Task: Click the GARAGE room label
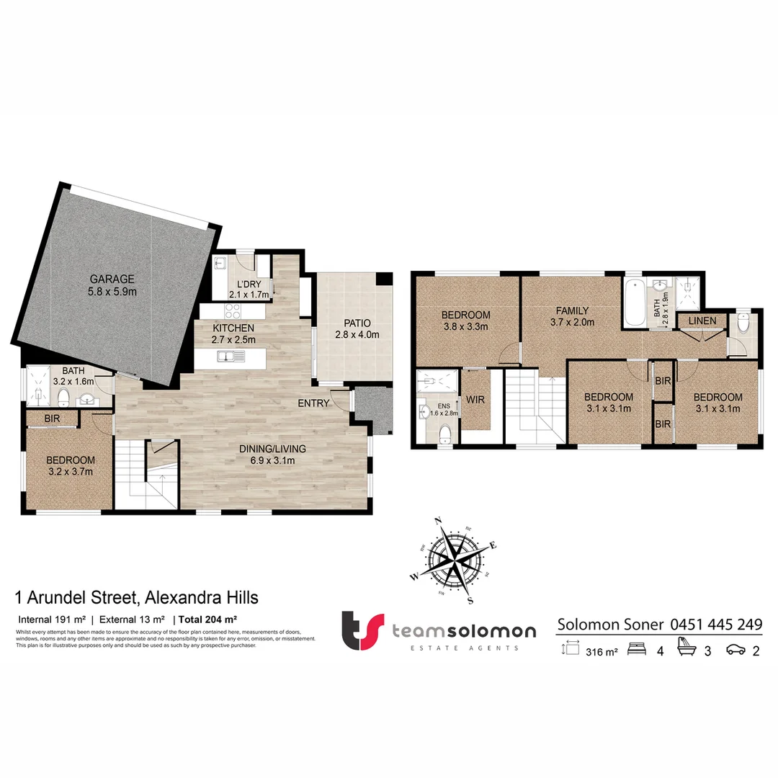click(x=112, y=279)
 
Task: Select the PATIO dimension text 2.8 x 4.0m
click(x=357, y=335)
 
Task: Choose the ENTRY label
click(x=313, y=403)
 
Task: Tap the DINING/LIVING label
click(x=272, y=449)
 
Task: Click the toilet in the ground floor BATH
click(x=63, y=397)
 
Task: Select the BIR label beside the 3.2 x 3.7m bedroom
click(x=52, y=419)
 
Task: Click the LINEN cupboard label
click(x=702, y=320)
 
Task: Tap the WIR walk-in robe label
click(x=475, y=398)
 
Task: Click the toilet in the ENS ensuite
click(x=445, y=433)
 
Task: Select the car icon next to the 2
click(x=736, y=650)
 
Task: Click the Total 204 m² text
click(x=208, y=619)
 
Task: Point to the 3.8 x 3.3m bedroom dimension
click(x=465, y=326)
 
